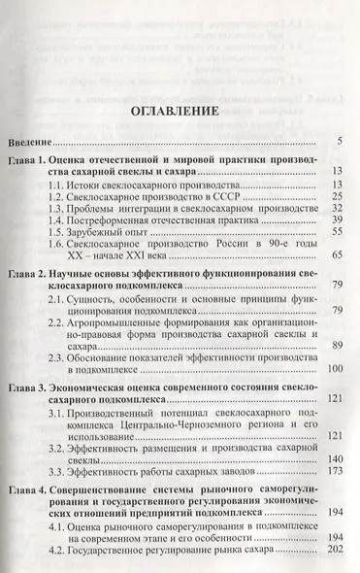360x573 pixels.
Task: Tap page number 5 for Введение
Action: tap(341, 143)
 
